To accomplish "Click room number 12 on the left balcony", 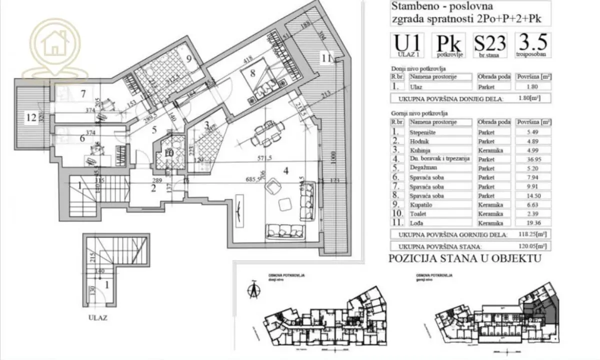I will click(x=32, y=118).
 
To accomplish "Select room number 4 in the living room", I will click(x=285, y=170).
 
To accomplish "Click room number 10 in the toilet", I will click(x=169, y=153).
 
